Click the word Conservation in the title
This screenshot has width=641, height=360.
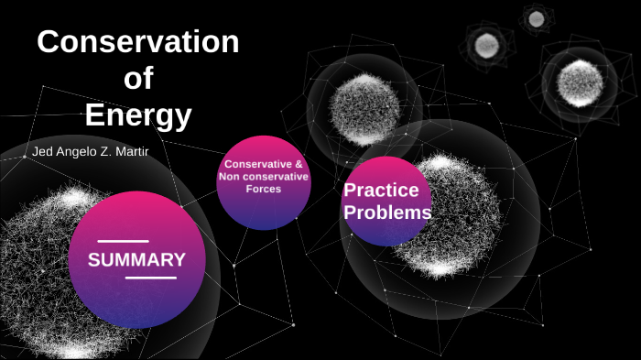coord(137,43)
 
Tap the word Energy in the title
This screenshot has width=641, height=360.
coord(138,116)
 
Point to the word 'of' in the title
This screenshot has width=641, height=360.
coord(138,80)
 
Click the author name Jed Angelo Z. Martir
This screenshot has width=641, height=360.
coord(90,150)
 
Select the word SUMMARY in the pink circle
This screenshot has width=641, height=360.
coord(136,259)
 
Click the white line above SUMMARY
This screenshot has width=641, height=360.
coord(123,241)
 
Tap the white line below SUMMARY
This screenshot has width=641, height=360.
coord(150,278)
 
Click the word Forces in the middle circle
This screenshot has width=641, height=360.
coord(264,189)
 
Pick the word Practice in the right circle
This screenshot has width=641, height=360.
coord(381,191)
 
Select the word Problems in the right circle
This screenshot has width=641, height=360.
coord(387,213)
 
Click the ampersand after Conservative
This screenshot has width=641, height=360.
coord(299,164)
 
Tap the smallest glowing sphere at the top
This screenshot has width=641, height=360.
coord(536,18)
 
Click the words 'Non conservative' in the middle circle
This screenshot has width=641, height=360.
coord(264,176)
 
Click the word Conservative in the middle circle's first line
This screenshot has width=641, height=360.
coord(257,164)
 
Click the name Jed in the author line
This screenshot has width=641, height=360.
coord(42,150)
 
